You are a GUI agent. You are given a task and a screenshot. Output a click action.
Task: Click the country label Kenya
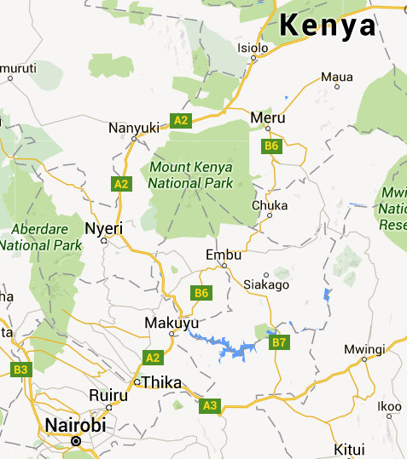329,26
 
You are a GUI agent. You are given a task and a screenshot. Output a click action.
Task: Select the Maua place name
336,77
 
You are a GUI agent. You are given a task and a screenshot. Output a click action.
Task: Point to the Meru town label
268,117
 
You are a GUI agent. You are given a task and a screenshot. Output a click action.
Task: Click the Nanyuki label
134,127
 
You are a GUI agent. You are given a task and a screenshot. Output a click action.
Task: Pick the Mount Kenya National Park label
190,175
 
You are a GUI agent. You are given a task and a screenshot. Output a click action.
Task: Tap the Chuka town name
270,205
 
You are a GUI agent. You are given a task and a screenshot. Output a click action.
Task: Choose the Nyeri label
104,228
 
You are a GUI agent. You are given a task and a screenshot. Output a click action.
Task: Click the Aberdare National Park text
40,237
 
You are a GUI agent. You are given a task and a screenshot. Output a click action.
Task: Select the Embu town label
224,255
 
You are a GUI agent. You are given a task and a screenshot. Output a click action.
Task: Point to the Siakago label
266,284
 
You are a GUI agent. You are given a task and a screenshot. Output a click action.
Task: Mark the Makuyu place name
172,324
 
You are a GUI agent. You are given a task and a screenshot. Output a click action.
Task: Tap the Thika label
161,382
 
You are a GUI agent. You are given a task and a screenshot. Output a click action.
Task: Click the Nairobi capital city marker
75,440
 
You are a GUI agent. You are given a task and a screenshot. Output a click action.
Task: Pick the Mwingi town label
364,348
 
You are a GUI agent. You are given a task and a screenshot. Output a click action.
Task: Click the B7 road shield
279,342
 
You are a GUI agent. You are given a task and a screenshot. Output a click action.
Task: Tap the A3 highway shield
210,405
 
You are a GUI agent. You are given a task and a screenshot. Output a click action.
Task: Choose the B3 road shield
20,370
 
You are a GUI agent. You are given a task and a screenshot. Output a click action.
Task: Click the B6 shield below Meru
271,146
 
